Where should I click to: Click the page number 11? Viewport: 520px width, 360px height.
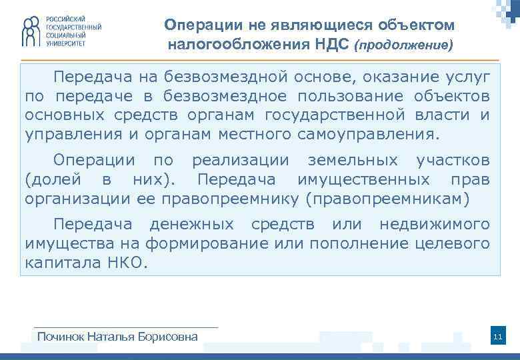coord(497,337)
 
